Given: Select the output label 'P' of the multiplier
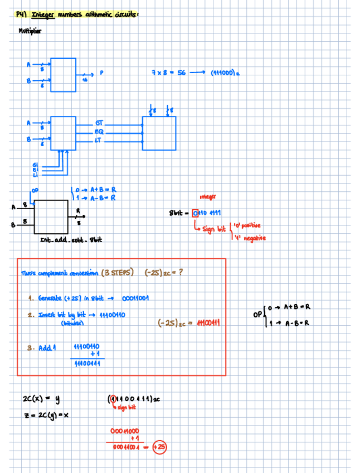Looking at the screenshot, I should (x=101, y=73).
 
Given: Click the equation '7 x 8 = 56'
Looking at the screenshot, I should (x=168, y=73).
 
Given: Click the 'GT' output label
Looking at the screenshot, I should (x=99, y=122).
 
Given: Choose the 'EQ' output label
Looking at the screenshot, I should (x=99, y=132).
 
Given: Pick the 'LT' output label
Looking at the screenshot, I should (x=99, y=141).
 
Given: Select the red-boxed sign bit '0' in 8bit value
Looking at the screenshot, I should (x=194, y=213).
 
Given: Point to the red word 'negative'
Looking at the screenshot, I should (x=254, y=238).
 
